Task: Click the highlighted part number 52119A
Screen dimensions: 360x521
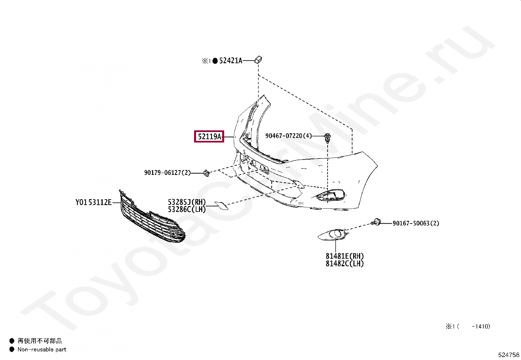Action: click(209, 136)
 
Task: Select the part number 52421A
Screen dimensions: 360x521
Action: click(231, 61)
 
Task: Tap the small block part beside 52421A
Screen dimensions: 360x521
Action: click(258, 60)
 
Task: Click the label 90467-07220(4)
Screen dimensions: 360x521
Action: click(288, 136)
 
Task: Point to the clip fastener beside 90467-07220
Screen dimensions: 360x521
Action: click(327, 138)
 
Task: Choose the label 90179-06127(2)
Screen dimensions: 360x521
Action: click(167, 173)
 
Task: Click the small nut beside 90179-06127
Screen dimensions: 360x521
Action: click(206, 173)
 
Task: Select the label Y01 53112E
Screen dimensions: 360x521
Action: click(94, 202)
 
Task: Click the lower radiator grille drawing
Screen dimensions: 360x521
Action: click(151, 219)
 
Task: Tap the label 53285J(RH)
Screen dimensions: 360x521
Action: click(187, 202)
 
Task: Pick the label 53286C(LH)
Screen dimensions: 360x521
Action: click(187, 209)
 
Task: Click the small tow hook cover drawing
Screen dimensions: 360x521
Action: click(221, 205)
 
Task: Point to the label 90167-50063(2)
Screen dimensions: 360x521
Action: click(416, 223)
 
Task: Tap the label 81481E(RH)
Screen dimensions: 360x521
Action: click(345, 256)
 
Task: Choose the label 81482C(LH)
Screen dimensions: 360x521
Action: click(345, 264)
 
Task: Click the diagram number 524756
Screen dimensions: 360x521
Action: click(509, 355)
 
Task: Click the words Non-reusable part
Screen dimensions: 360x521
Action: click(42, 350)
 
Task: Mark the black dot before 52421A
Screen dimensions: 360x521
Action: click(215, 61)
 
